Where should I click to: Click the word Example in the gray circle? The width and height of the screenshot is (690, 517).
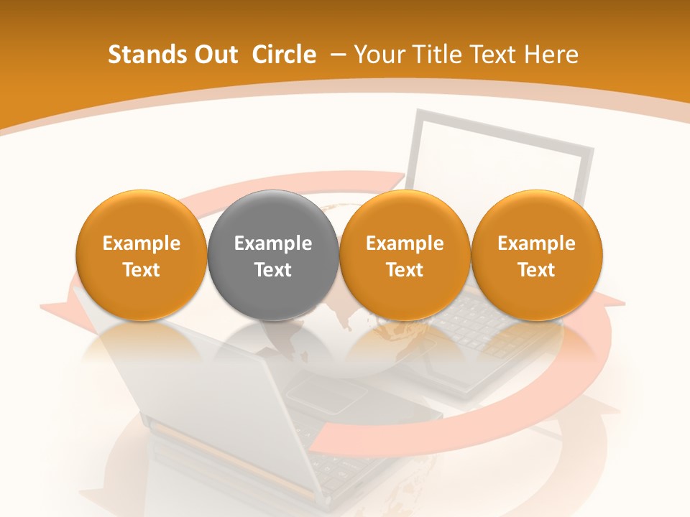[273, 243]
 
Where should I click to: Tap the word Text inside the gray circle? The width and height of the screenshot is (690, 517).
[273, 270]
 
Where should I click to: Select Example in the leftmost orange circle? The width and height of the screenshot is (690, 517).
[142, 243]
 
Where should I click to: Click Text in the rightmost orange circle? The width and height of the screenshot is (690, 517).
[537, 270]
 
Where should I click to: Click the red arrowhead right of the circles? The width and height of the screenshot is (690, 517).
[607, 302]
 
